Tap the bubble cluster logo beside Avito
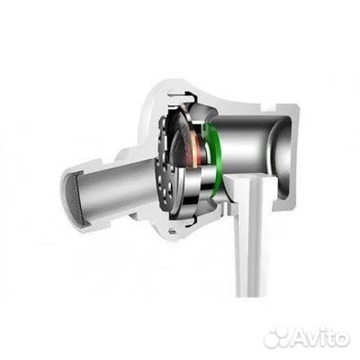278,337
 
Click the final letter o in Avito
342,338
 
